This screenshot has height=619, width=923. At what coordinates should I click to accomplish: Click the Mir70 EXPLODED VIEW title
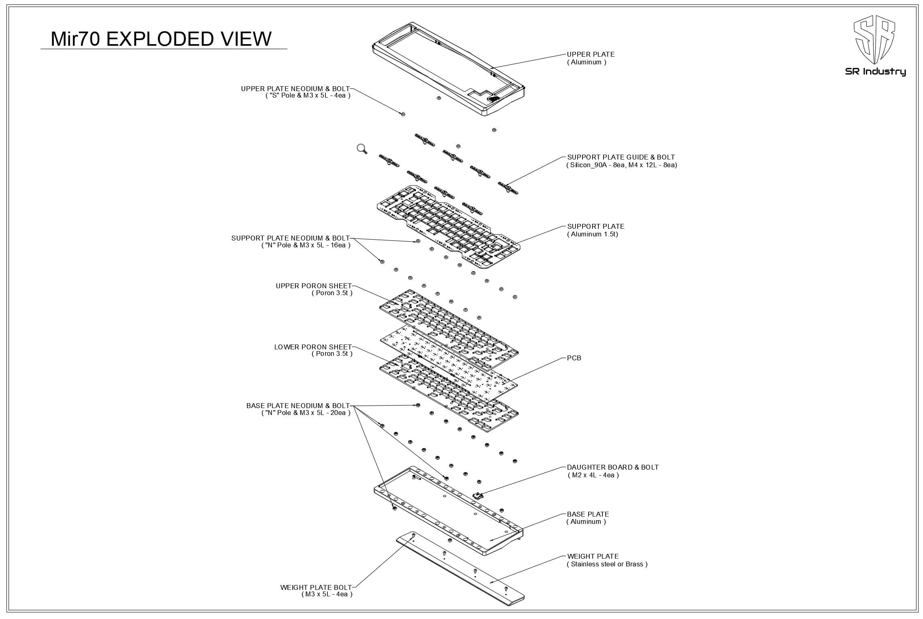pyautogui.click(x=161, y=39)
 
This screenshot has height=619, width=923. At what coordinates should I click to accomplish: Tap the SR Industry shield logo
pyautogui.click(x=874, y=40)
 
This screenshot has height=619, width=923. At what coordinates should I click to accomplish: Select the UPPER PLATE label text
pyautogui.click(x=590, y=54)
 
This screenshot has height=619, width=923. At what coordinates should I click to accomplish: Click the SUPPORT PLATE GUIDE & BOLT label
pyautogui.click(x=621, y=157)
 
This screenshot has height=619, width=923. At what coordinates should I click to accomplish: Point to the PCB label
pyautogui.click(x=574, y=358)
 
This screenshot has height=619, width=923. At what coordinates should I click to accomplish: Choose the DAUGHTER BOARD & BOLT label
pyautogui.click(x=612, y=467)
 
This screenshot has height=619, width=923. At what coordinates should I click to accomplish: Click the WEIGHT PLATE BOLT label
pyautogui.click(x=316, y=587)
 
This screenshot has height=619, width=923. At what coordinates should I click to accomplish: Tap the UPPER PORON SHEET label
pyautogui.click(x=314, y=286)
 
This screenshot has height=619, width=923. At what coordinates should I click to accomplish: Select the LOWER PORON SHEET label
pyautogui.click(x=313, y=347)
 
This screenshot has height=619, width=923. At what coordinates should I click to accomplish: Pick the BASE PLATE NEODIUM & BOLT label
pyautogui.click(x=298, y=406)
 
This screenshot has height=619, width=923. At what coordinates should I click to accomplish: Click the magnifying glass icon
pyautogui.click(x=362, y=149)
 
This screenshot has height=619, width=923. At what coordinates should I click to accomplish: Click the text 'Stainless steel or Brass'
pyautogui.click(x=607, y=564)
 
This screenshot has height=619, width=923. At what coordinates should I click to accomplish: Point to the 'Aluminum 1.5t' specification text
pyautogui.click(x=592, y=234)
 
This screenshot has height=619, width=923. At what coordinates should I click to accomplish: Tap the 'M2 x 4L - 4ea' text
pyautogui.click(x=593, y=475)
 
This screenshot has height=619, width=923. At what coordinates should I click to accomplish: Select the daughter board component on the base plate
pyautogui.click(x=477, y=495)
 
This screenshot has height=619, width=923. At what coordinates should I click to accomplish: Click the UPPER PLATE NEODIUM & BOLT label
pyautogui.click(x=295, y=89)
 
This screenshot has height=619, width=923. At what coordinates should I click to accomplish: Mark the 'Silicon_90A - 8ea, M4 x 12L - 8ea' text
pyautogui.click(x=621, y=165)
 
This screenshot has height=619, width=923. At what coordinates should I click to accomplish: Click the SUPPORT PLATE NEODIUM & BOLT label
pyautogui.click(x=290, y=238)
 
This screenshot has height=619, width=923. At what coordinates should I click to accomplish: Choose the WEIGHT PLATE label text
pyautogui.click(x=593, y=556)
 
